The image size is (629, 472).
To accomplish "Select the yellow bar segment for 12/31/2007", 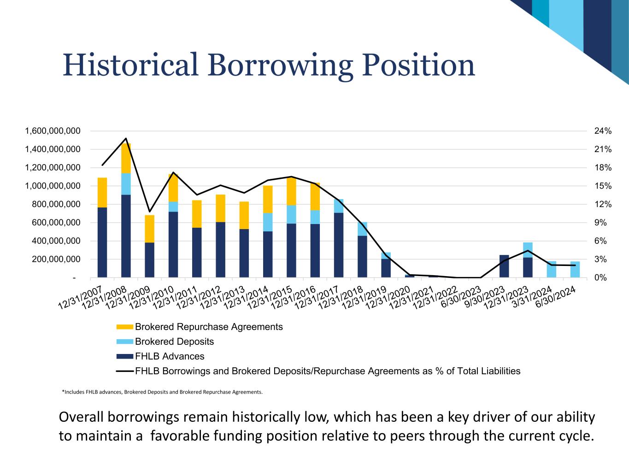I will pos(102,193).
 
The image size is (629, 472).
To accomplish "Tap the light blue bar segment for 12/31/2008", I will pos(126,184).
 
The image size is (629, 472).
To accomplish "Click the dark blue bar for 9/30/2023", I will pos(504,266).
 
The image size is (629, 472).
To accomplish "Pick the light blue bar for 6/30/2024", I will pos(575,269).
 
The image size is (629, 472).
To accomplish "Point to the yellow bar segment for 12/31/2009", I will pos(149,229).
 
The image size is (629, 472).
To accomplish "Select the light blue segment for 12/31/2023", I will pos(528,250).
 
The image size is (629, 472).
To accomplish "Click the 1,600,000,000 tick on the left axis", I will pos(53,131).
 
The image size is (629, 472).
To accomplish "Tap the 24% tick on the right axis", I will pos(603,131).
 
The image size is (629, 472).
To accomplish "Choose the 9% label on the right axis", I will pos(600,223).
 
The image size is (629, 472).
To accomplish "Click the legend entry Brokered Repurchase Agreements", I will pos(208,327).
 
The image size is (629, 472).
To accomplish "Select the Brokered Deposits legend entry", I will pos(174,342).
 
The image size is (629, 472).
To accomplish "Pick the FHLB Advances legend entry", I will pos(169,356).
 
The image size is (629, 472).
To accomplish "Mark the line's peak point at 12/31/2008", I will pos(126,138).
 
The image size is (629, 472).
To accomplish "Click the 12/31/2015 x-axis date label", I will pos(270,298).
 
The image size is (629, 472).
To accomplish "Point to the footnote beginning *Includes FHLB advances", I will pos(162,392).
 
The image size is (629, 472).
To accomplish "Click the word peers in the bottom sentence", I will pos(407,436).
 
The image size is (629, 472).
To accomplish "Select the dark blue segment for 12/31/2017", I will pos(339,245).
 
